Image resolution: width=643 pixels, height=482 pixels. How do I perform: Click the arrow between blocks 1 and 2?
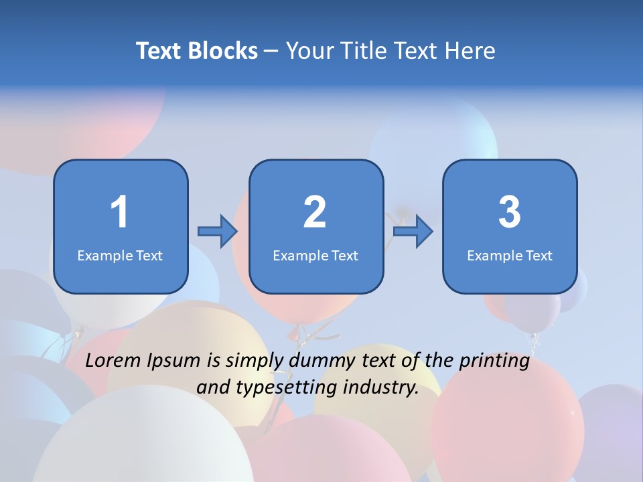tap(218, 232)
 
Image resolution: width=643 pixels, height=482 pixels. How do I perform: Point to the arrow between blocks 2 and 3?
tap(413, 232)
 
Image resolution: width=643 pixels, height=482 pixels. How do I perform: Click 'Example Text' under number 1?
tap(120, 255)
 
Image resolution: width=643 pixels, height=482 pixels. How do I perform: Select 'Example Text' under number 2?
tap(315, 255)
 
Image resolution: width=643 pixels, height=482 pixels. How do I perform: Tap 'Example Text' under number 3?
tap(510, 255)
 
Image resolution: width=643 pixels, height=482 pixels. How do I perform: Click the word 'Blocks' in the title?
tap(222, 51)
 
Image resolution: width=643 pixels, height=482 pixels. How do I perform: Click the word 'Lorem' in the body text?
tap(113, 361)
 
